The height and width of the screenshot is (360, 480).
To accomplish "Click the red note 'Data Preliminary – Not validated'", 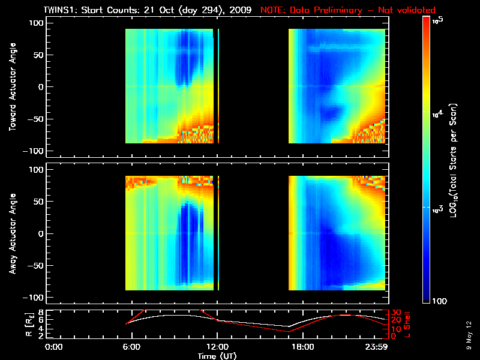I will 362,10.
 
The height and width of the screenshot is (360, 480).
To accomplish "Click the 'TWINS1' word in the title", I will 58,10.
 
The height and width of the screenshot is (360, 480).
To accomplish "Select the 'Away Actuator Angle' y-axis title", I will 13,233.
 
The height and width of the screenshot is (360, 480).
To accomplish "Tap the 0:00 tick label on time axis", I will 54,347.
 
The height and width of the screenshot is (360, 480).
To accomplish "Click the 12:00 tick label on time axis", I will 217,347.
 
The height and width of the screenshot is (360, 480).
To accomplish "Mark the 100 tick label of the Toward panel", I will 38,23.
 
